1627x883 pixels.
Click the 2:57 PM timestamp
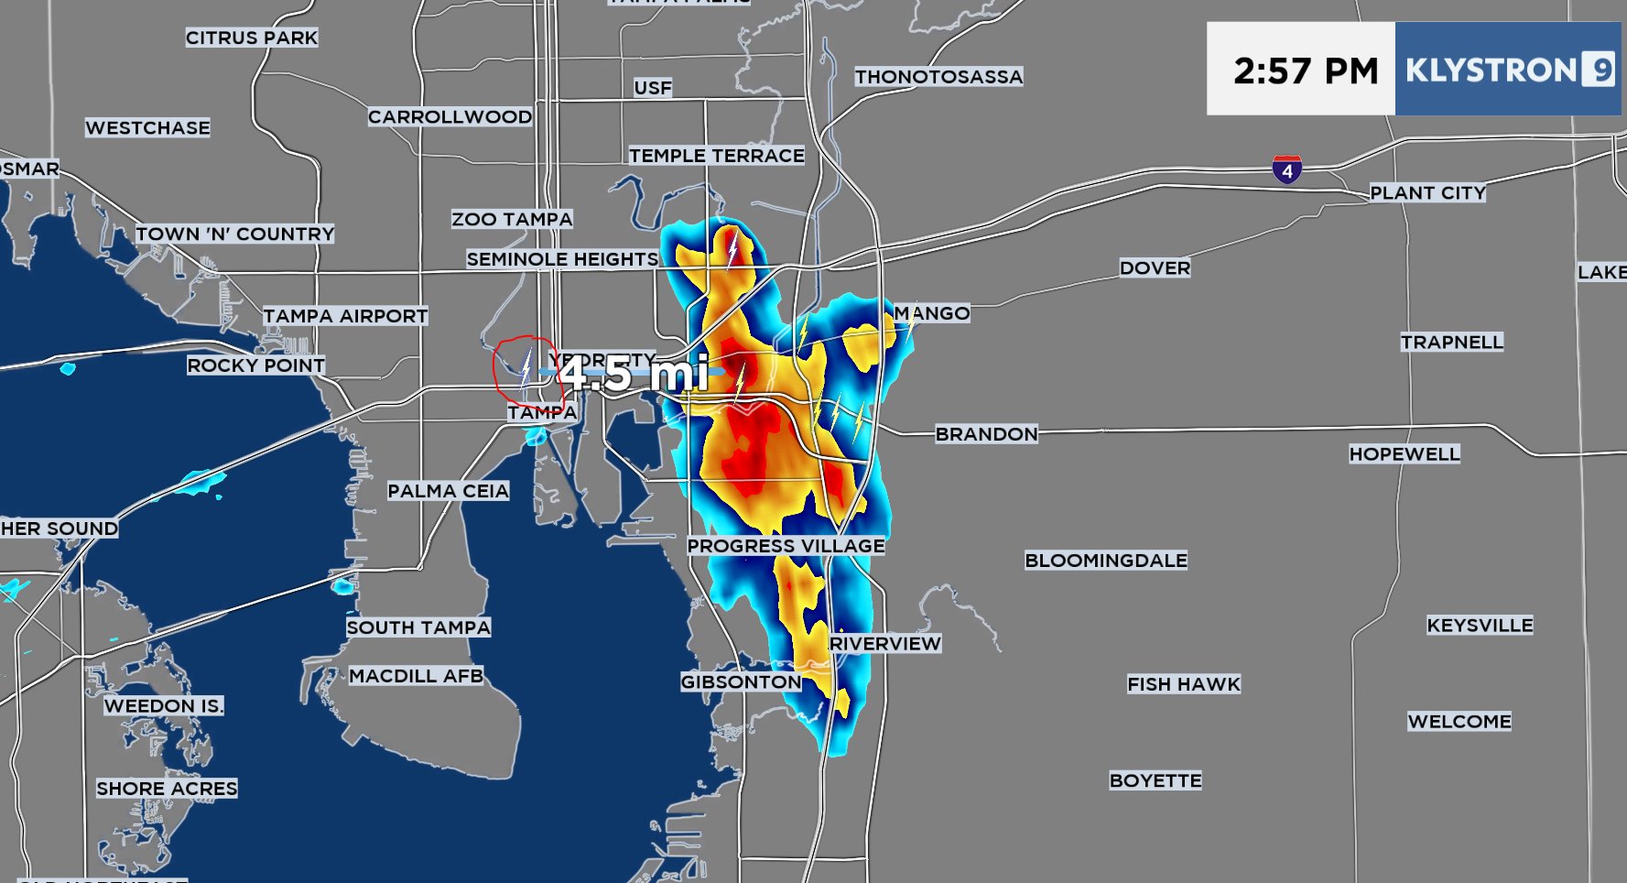point(1305,71)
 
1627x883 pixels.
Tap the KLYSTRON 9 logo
point(1508,71)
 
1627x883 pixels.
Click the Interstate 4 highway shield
point(1286,169)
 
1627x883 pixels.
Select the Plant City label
point(1426,193)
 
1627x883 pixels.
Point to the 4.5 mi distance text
point(634,373)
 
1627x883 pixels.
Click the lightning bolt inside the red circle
point(526,369)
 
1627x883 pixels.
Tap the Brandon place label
point(986,434)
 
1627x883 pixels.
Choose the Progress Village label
point(786,546)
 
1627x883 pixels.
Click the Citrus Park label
point(251,38)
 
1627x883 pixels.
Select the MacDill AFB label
point(416,676)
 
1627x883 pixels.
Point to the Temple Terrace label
point(716,156)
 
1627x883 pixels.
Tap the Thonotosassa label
point(938,77)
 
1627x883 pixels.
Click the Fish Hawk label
point(1183,684)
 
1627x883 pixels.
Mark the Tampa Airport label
point(345,316)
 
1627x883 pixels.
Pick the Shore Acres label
point(167,789)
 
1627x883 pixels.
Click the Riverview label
point(884,644)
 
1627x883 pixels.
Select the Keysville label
point(1479,626)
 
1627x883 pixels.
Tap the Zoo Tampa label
point(511,219)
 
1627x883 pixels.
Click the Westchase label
point(147,128)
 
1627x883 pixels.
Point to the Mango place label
point(931,313)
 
